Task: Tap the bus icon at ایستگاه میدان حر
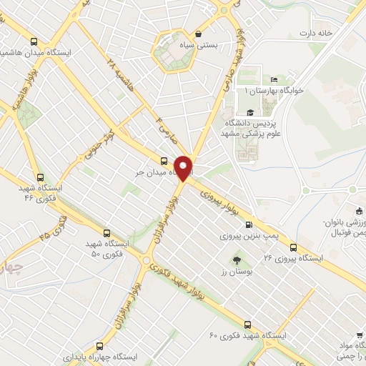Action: (164, 161)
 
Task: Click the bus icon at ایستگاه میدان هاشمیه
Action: (34, 41)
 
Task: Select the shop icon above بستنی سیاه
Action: (198, 34)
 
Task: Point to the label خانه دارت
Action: (317, 34)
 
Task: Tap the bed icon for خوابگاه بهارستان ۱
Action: (274, 79)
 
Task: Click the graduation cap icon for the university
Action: (249, 112)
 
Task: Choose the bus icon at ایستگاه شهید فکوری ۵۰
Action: (107, 233)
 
